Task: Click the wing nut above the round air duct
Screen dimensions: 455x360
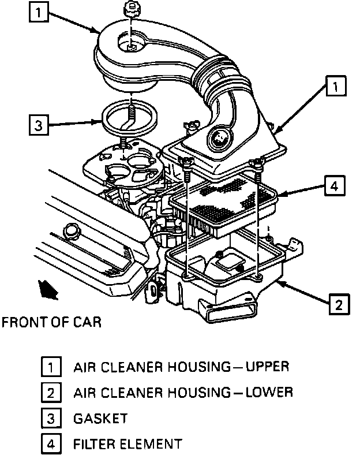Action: [x=130, y=10]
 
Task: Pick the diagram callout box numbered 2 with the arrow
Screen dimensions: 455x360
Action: [x=339, y=303]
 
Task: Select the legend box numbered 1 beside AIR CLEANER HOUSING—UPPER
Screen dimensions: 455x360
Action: [x=51, y=367]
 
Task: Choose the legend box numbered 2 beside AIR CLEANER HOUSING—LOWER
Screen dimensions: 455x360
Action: [x=51, y=393]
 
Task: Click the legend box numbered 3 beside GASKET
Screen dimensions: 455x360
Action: [x=51, y=419]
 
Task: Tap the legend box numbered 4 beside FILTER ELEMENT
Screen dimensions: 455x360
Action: [x=51, y=445]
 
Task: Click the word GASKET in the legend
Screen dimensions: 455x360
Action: [x=100, y=419]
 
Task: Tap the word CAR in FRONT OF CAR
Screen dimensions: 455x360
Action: [x=87, y=322]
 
